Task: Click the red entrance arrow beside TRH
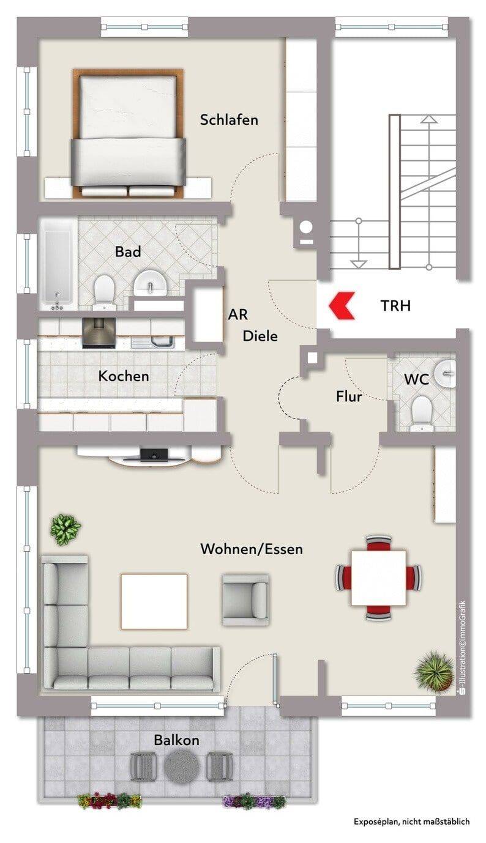pyautogui.click(x=342, y=306)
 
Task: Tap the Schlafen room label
pyautogui.click(x=229, y=120)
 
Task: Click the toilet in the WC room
pyautogui.click(x=422, y=413)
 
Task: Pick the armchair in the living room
pyautogui.click(x=245, y=600)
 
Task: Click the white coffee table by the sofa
pyautogui.click(x=154, y=601)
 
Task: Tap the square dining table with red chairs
pyautogui.click(x=378, y=577)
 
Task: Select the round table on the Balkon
pyautogui.click(x=182, y=765)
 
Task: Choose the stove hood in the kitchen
pyautogui.click(x=99, y=333)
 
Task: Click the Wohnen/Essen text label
pyautogui.click(x=252, y=549)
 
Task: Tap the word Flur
pyautogui.click(x=349, y=396)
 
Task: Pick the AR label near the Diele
pyautogui.click(x=237, y=314)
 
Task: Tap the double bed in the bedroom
pyautogui.click(x=129, y=133)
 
